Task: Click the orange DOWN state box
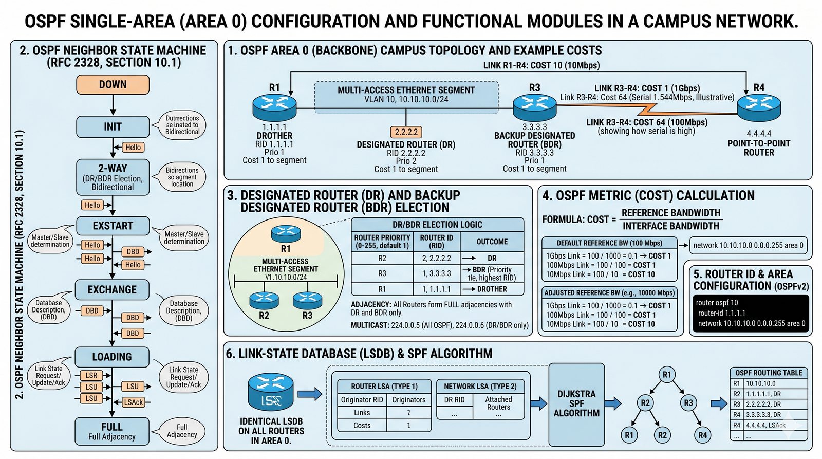(x=113, y=84)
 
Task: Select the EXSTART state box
(x=113, y=226)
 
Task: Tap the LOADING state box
(x=112, y=357)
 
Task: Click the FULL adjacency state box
(x=112, y=431)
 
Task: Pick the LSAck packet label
(x=133, y=402)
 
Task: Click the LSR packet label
(x=91, y=375)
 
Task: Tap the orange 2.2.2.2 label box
(x=406, y=132)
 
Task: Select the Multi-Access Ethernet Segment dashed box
(x=406, y=95)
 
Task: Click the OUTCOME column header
(x=492, y=242)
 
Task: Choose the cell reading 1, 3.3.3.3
(x=436, y=273)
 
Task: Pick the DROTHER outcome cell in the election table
(x=492, y=289)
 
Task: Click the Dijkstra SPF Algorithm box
(x=576, y=403)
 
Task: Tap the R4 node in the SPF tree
(x=702, y=435)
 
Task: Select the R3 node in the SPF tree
(x=688, y=403)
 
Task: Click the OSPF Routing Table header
(x=769, y=373)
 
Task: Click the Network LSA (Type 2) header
(x=480, y=387)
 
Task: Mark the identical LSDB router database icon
(x=271, y=392)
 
